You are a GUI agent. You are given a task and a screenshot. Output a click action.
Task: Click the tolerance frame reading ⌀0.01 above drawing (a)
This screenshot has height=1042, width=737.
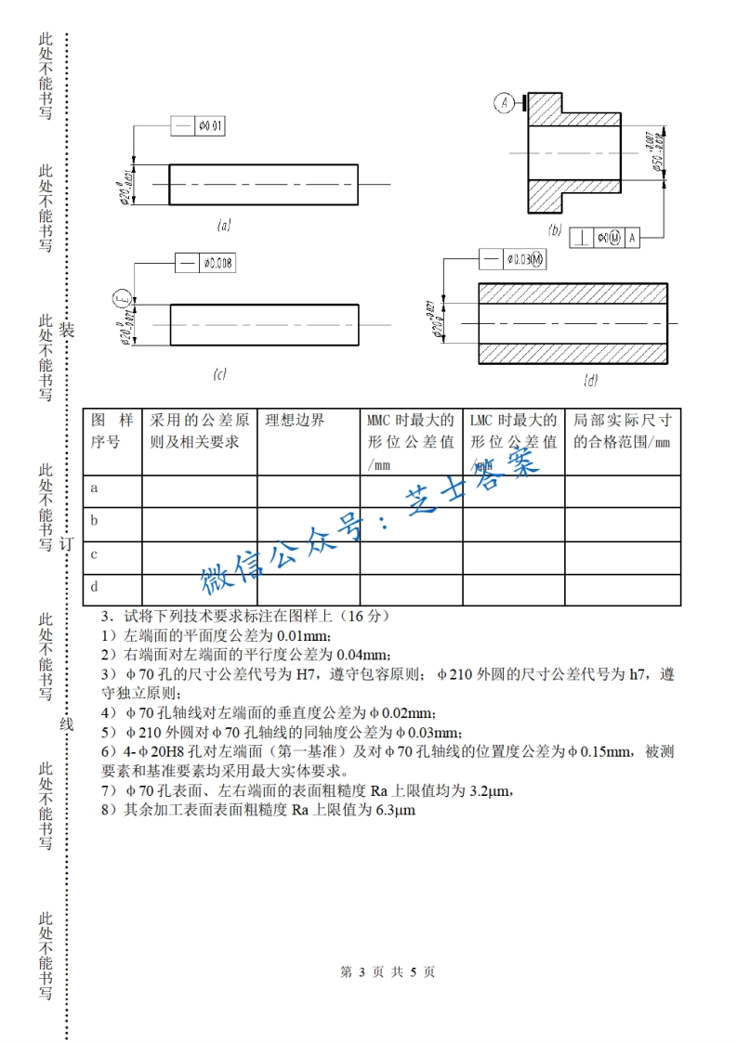point(198,126)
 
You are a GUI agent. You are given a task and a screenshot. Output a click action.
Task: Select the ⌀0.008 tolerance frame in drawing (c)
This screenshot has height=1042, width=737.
point(205,264)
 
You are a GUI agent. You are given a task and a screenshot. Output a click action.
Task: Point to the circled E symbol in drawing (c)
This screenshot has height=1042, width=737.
point(121,299)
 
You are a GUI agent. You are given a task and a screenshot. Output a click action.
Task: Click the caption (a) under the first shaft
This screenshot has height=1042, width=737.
point(223,226)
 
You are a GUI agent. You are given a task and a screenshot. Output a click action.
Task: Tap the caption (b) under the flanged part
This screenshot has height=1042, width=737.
point(555,229)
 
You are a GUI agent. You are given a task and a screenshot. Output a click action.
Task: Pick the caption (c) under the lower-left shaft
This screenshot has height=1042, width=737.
point(219,374)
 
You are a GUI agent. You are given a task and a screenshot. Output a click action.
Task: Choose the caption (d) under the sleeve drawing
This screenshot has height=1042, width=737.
point(590,381)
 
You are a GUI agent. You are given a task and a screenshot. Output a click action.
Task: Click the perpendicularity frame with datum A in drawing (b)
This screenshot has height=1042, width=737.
point(605,238)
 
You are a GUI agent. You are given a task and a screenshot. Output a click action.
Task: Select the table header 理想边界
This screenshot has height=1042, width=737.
point(296,421)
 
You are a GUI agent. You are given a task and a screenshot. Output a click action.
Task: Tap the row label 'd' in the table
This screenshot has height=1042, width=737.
point(95,587)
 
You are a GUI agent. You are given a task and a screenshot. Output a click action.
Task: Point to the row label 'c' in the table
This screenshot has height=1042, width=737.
point(95,554)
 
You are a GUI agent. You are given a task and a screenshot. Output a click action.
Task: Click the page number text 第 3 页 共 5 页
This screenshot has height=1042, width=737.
point(388,972)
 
